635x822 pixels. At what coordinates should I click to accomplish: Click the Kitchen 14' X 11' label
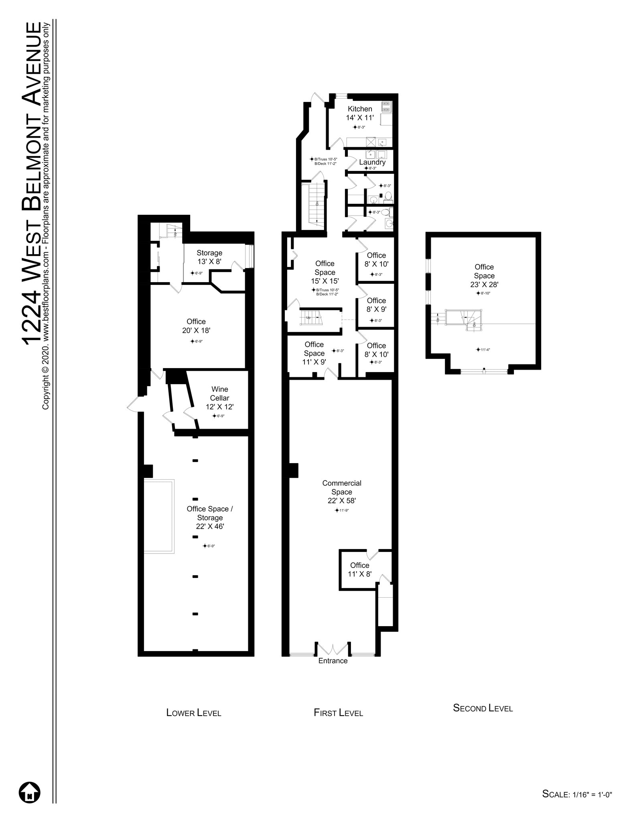(x=360, y=113)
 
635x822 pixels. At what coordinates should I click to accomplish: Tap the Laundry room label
(x=372, y=162)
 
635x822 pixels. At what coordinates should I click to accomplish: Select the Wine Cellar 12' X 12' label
(x=219, y=398)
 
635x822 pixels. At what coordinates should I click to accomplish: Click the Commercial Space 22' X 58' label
(x=342, y=492)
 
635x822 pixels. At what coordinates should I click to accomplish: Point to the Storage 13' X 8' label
(x=209, y=257)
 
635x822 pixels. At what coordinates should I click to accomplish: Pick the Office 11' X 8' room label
(x=359, y=570)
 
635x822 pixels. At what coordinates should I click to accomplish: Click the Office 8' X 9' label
(x=376, y=305)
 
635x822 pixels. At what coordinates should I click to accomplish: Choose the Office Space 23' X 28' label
(x=484, y=276)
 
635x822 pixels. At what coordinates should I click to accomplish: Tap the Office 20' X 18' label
(x=196, y=326)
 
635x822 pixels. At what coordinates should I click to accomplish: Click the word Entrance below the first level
(x=333, y=661)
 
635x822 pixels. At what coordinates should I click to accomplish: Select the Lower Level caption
(x=194, y=713)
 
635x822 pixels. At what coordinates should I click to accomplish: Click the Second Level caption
(x=483, y=708)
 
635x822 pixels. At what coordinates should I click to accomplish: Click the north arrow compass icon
(x=30, y=793)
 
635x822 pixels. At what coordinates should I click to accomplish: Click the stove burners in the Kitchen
(x=386, y=107)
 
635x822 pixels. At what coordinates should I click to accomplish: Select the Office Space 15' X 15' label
(x=325, y=272)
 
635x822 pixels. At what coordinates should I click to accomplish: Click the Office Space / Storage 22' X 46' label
(x=210, y=517)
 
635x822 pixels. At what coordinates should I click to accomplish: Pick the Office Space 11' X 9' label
(x=314, y=353)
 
